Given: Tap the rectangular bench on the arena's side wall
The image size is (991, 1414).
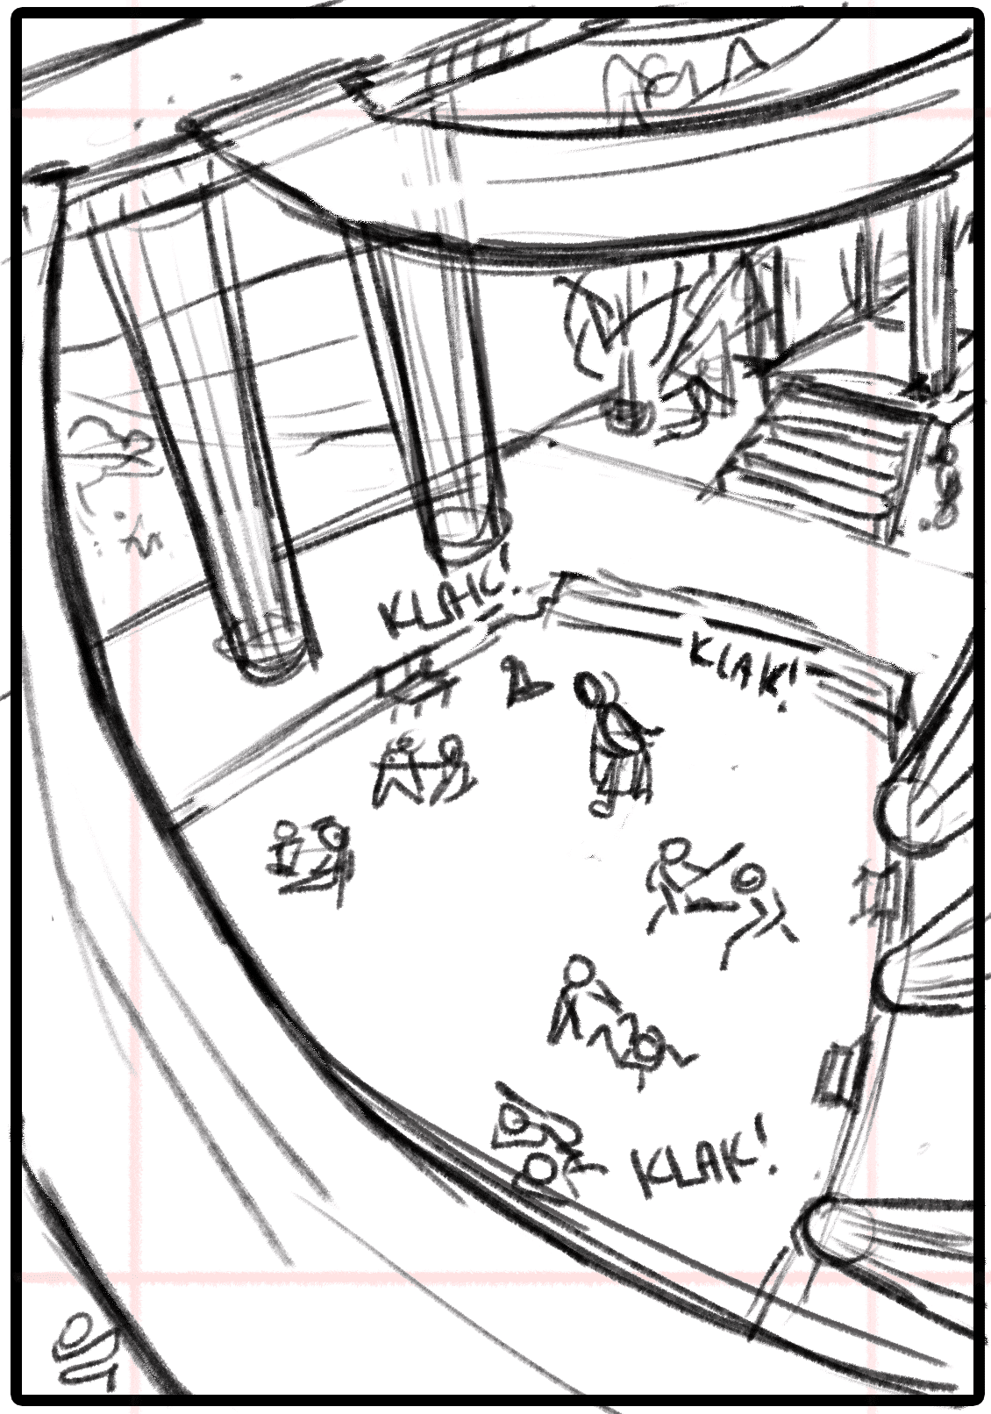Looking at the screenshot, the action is [839, 1076].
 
